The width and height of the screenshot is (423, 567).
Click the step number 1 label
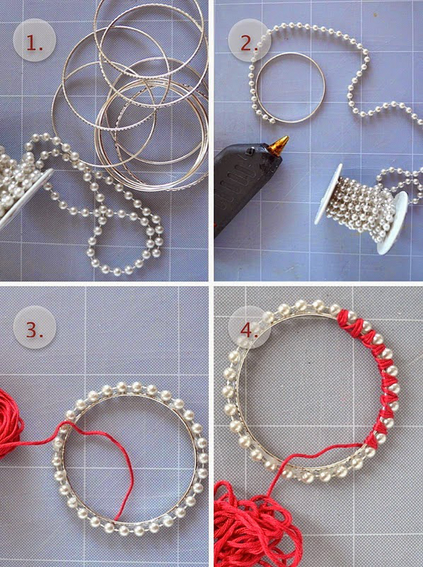pyautogui.click(x=35, y=44)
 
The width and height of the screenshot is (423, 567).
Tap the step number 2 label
pyautogui.click(x=248, y=43)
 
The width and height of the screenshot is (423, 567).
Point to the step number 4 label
pyautogui.click(x=249, y=330)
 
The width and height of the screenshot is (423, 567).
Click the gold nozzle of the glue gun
pyautogui.click(x=278, y=145)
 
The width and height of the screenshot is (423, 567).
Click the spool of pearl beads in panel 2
pyautogui.click(x=362, y=209)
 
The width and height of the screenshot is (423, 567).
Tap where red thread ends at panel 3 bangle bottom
pyautogui.click(x=115, y=520)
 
